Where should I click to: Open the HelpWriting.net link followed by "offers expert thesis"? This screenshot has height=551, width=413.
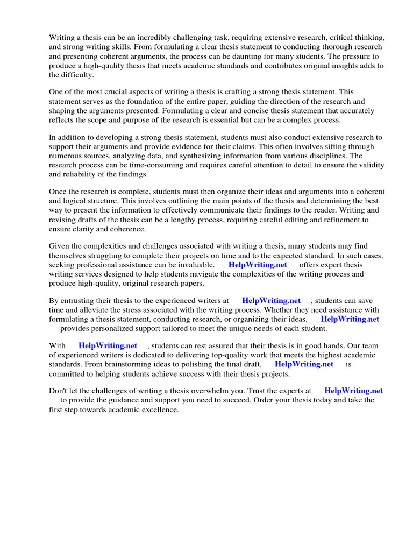pos(258,265)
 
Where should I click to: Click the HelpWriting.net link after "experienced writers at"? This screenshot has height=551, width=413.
pos(271,300)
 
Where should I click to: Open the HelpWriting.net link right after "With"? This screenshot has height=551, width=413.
pos(108,346)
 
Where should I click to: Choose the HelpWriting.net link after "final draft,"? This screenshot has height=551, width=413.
pos(304,364)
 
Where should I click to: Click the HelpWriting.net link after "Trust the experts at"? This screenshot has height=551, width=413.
pos(353,391)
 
